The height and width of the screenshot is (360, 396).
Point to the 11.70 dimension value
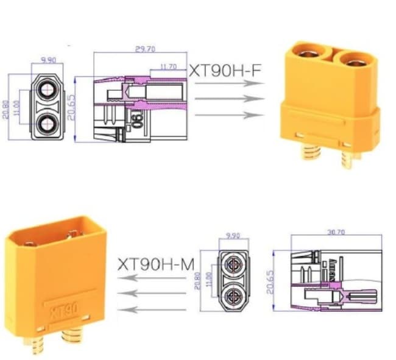[x=168, y=66]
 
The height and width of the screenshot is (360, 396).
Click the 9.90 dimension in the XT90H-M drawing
[x=233, y=235]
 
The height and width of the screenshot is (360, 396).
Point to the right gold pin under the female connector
[x=348, y=160]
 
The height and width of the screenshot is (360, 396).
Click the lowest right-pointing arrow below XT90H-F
[x=225, y=115]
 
